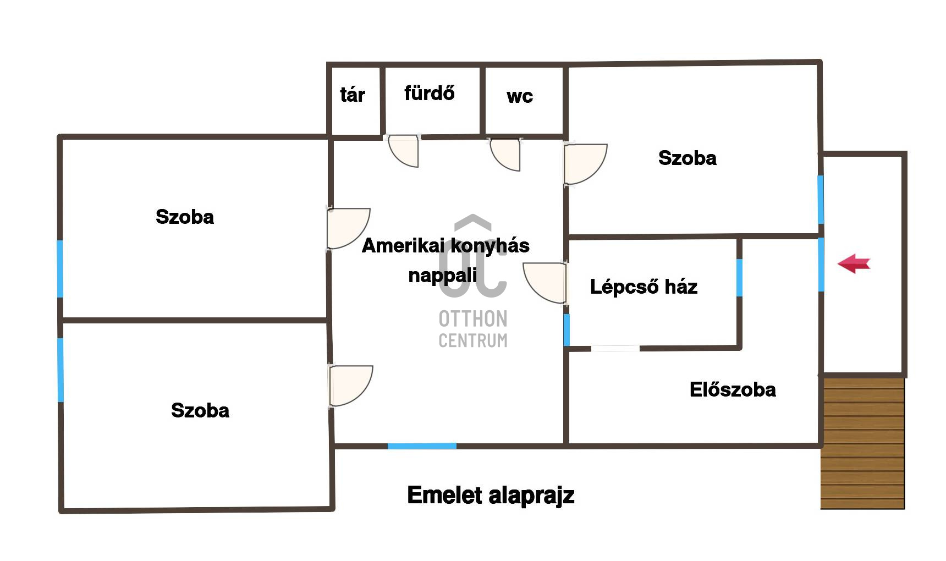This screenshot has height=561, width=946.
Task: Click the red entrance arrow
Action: [854, 263]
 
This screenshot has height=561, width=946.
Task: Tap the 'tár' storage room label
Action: [353, 95]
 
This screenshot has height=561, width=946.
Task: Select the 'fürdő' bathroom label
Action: [430, 93]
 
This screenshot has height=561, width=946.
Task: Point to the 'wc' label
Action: [520, 96]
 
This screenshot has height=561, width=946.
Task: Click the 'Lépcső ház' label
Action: [643, 287]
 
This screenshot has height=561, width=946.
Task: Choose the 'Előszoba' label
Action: [733, 389]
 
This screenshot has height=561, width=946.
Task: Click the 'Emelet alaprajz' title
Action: [491, 495]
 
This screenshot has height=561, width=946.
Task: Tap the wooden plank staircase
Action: [862, 442]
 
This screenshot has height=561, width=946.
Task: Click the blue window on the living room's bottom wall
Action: [422, 446]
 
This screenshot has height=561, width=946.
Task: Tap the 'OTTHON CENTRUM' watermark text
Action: [473, 329]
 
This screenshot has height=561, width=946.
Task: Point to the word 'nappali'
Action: [443, 275]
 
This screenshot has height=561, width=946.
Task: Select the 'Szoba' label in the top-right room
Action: [687, 158]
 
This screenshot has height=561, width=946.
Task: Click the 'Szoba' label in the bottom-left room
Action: [200, 410]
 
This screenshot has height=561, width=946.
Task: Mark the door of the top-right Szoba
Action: [585, 164]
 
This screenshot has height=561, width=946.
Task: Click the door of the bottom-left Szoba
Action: [350, 386]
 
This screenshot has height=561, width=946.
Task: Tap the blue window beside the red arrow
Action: [821, 264]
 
